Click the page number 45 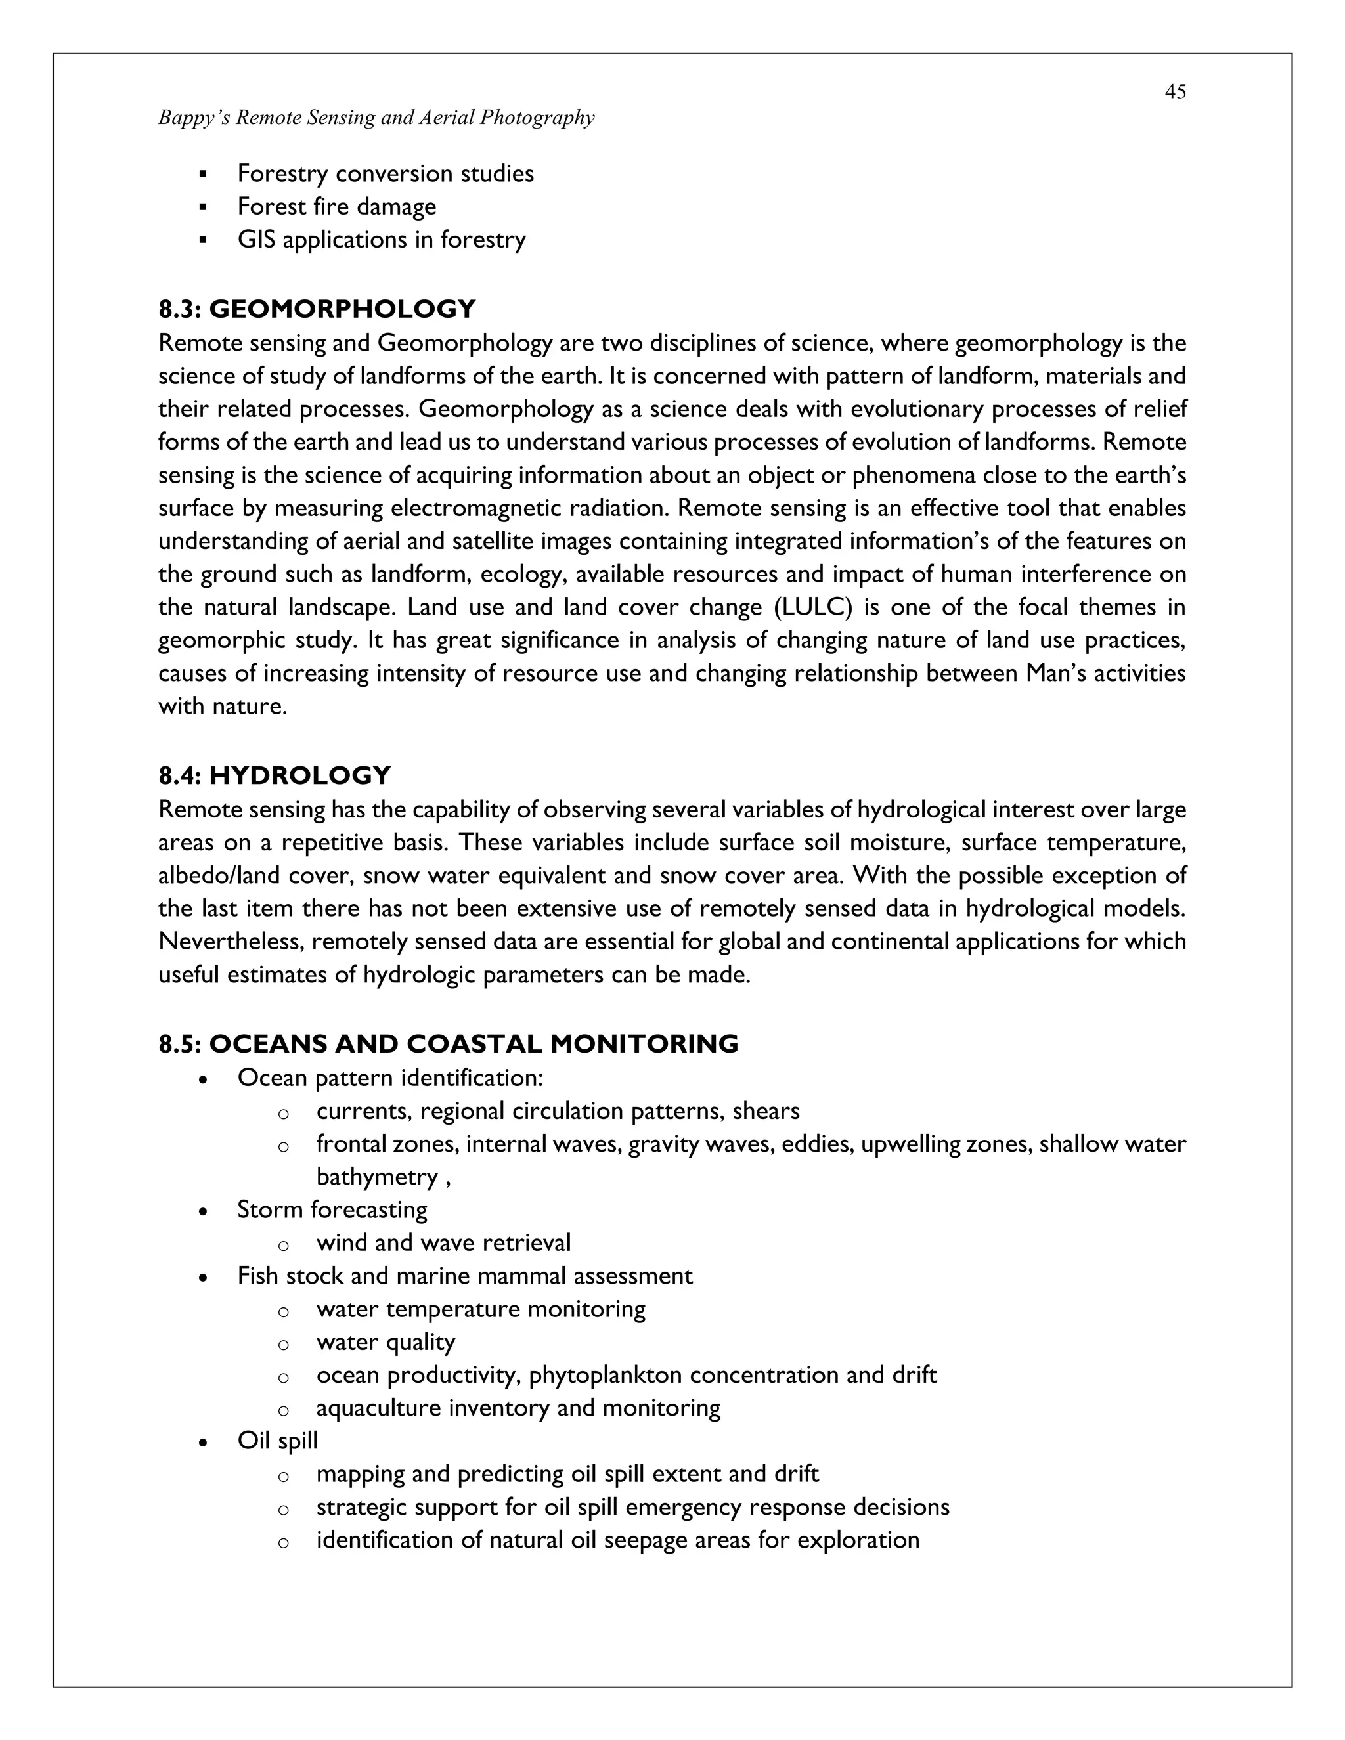[1174, 93]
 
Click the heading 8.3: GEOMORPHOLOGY [317, 309]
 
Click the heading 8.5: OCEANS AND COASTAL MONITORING [449, 1044]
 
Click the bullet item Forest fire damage [336, 206]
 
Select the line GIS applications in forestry [381, 240]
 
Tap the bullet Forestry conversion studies [386, 174]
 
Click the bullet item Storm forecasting [332, 1209]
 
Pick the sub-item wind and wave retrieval [443, 1243]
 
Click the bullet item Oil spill [277, 1441]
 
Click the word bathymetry [377, 1177]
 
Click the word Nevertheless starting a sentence [231, 942]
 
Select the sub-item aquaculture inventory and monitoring [518, 1408]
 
